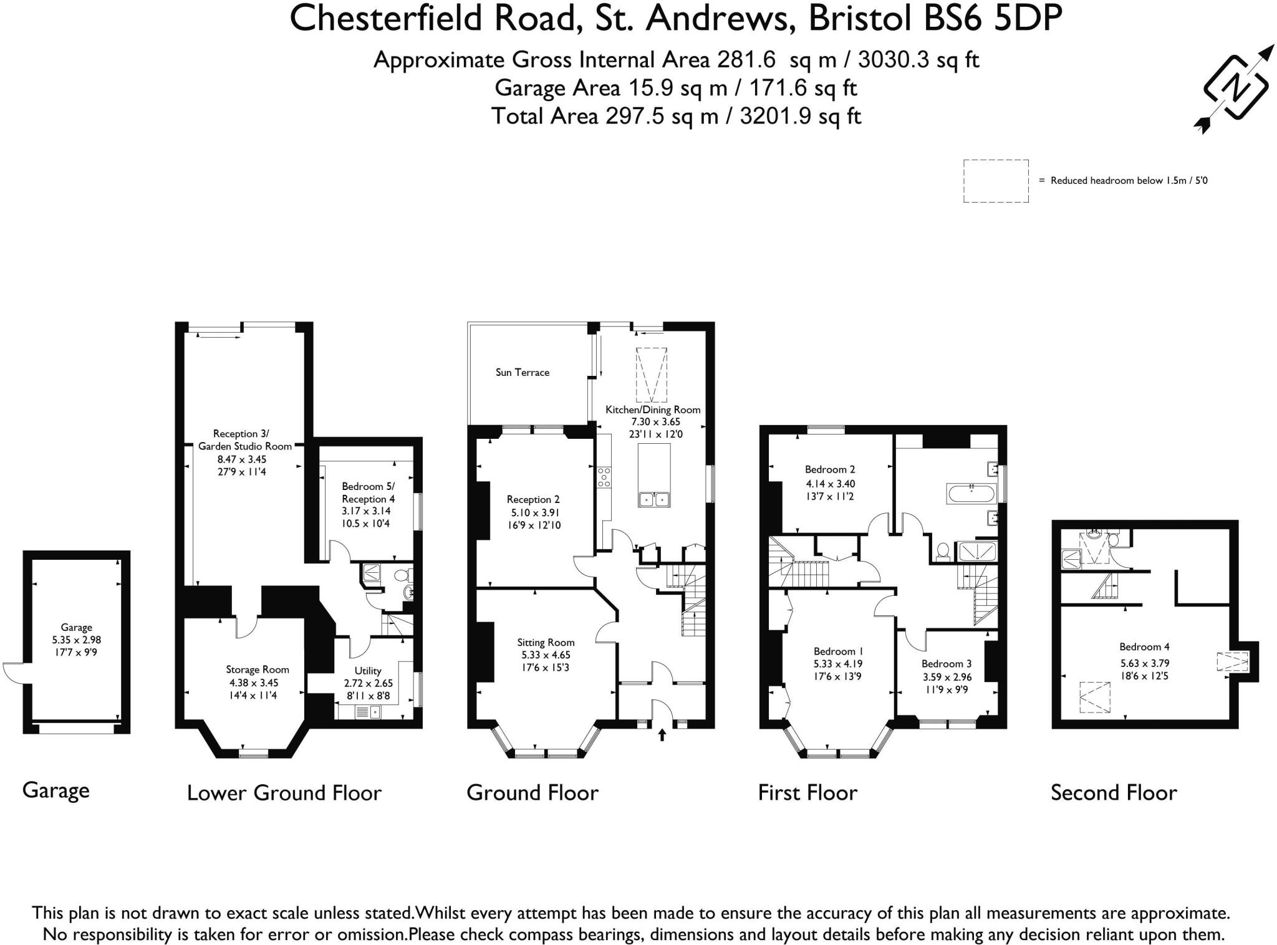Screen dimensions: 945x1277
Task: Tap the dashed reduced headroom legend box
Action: click(x=995, y=181)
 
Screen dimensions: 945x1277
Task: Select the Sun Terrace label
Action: click(x=523, y=372)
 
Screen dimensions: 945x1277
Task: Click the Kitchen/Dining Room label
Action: click(x=653, y=410)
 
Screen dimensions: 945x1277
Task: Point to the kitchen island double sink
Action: click(x=654, y=499)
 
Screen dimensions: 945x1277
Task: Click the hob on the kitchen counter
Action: click(x=604, y=477)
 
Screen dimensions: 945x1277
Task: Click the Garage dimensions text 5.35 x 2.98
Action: click(x=76, y=640)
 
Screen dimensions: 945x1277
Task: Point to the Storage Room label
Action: click(x=258, y=669)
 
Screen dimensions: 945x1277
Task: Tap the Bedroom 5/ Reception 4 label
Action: click(x=368, y=492)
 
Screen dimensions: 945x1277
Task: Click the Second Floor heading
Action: click(x=1114, y=792)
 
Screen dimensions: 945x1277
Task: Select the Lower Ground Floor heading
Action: click(x=284, y=792)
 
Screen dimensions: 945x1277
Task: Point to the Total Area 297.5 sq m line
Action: click(x=676, y=116)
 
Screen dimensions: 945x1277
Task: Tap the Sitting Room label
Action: click(x=546, y=642)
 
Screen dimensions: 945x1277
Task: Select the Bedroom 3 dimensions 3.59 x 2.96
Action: click(x=947, y=676)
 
